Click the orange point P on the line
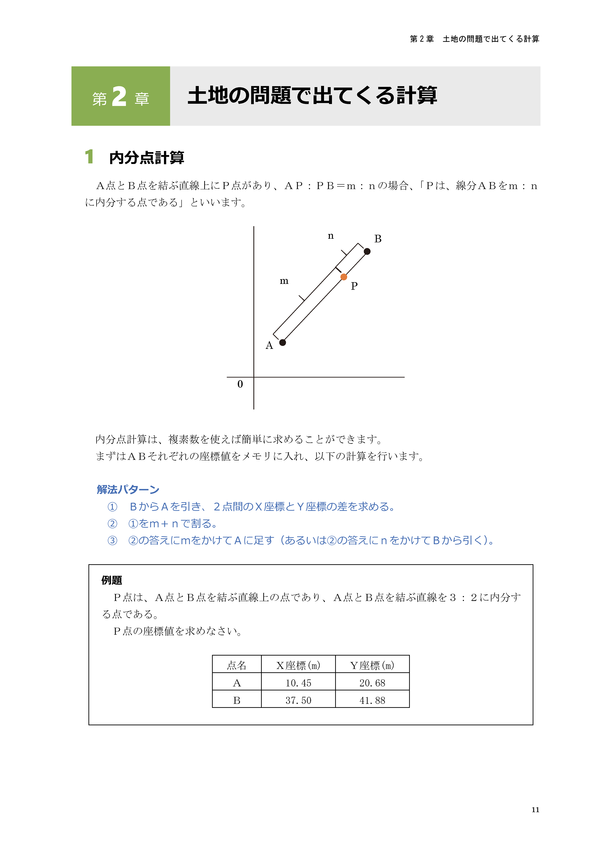(343, 277)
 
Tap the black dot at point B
(367, 251)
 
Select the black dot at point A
(283, 342)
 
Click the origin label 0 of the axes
(240, 384)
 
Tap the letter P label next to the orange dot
(354, 286)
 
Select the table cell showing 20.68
(372, 683)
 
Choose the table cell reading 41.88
(372, 700)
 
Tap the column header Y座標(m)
(372, 665)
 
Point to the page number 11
(535, 810)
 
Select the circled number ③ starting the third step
(112, 541)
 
